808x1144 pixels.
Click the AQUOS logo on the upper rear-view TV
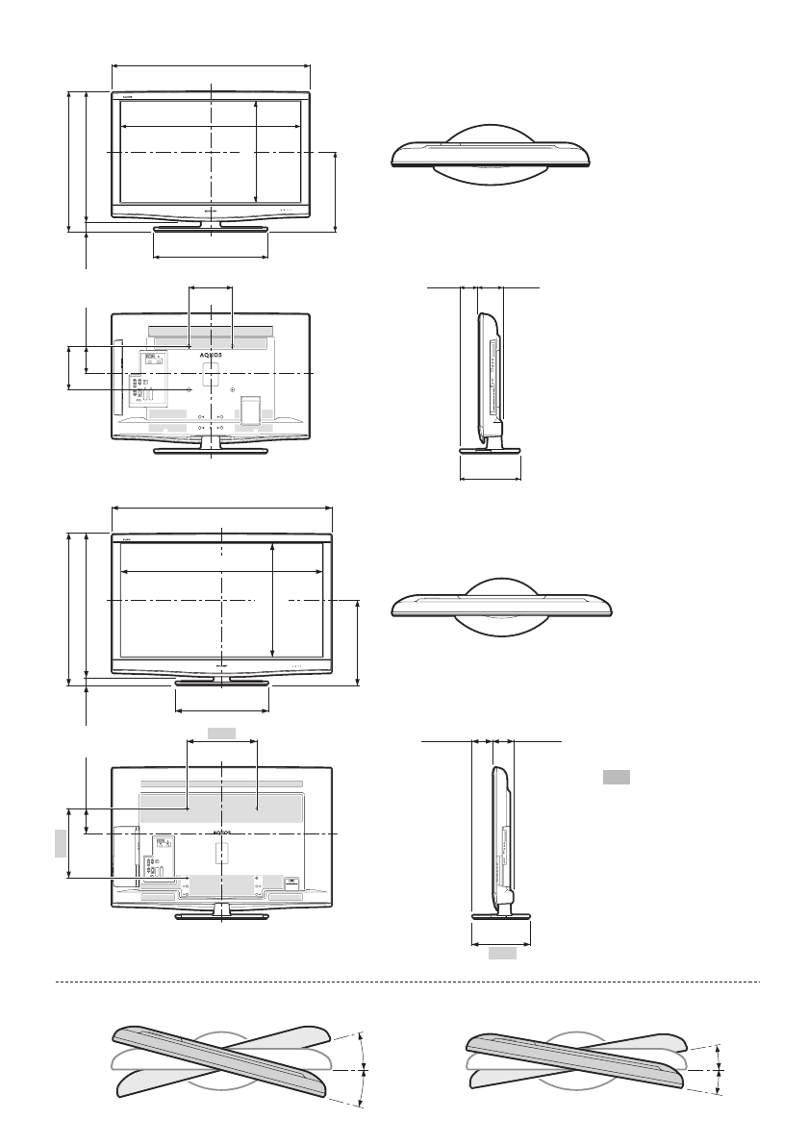211,354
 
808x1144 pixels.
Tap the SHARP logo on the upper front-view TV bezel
211,210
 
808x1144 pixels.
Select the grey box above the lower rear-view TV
221,734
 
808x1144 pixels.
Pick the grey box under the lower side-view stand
500,954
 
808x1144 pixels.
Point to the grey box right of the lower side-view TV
616,777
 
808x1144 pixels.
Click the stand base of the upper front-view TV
211,229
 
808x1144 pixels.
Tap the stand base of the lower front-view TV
221,684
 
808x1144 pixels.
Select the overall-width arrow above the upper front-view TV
211,65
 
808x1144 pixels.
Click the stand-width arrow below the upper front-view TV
211,258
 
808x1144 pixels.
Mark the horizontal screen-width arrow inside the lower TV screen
221,571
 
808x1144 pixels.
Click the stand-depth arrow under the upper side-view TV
491,479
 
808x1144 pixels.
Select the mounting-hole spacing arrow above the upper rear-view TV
211,286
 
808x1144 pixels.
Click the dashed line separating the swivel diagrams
404,982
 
